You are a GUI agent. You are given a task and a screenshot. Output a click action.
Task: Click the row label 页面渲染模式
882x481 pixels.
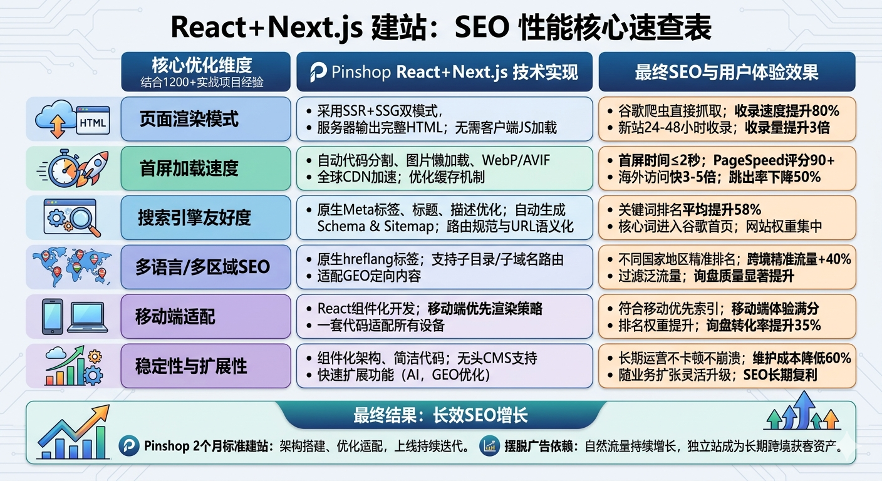click(189, 119)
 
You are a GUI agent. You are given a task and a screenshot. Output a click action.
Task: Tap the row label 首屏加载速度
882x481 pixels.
click(189, 168)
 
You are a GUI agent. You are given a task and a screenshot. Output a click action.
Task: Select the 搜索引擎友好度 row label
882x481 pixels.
click(194, 217)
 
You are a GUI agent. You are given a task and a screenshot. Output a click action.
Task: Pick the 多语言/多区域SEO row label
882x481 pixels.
click(202, 267)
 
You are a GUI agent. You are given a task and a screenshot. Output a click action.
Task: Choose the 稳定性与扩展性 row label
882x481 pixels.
click(191, 366)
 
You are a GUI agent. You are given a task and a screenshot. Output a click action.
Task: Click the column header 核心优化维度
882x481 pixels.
click(202, 65)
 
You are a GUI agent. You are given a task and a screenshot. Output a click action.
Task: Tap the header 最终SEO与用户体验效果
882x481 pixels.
click(727, 72)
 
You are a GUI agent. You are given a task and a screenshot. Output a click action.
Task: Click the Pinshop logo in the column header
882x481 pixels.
click(319, 73)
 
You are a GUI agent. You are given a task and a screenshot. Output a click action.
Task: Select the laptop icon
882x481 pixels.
click(88, 316)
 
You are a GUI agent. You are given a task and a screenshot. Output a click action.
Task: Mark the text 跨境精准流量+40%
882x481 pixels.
click(799, 259)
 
